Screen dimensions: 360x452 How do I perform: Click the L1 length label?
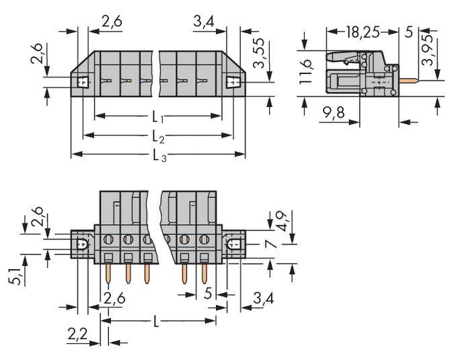[158, 116]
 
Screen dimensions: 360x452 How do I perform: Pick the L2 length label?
[158, 137]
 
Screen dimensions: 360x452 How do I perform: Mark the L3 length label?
[159, 155]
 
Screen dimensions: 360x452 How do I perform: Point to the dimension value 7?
[271, 243]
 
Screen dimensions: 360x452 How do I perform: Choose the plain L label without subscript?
[156, 322]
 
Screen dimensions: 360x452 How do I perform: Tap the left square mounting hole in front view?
[83, 82]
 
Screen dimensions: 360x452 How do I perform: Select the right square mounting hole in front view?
[233, 83]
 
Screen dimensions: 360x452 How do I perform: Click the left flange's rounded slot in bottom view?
[82, 244]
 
